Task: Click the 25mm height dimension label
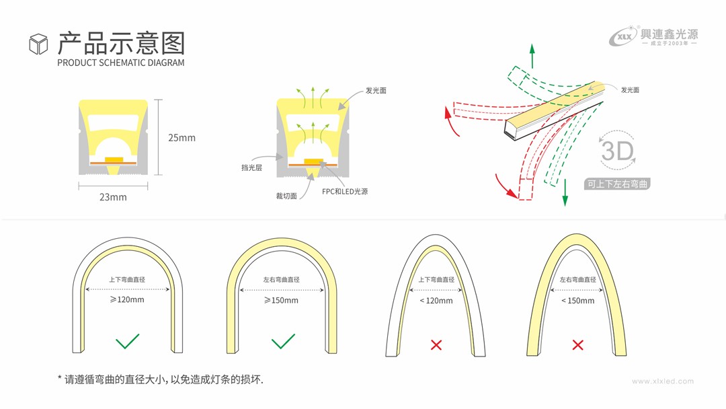(182, 138)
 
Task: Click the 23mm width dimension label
(113, 197)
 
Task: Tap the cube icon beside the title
(38, 44)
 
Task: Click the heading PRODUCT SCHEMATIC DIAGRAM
(120, 63)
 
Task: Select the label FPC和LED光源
(345, 192)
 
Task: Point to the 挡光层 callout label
(251, 168)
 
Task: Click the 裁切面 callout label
(286, 196)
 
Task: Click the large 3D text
(617, 151)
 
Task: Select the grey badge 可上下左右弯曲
(617, 184)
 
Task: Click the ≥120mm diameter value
(127, 299)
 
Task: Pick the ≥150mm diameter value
(281, 300)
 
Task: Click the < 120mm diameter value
(436, 301)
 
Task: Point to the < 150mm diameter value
(577, 301)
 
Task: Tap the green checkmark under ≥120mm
(127, 341)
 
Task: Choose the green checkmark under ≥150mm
(283, 341)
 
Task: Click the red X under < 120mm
(436, 345)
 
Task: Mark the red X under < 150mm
(577, 345)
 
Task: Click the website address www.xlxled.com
(662, 381)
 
